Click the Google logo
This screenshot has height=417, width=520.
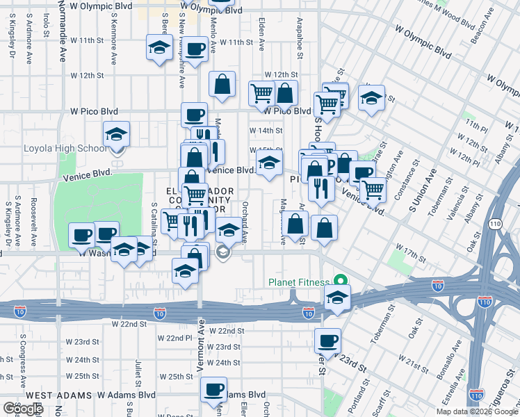22,409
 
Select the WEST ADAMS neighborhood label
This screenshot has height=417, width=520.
48,395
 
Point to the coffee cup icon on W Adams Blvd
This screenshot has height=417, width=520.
213,389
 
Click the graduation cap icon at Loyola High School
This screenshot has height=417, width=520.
116,134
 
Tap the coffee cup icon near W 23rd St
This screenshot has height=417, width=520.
327,341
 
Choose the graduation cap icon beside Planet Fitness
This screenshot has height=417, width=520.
336,297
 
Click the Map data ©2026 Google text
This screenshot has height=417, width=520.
477,411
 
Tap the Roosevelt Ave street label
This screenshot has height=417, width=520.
33,222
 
